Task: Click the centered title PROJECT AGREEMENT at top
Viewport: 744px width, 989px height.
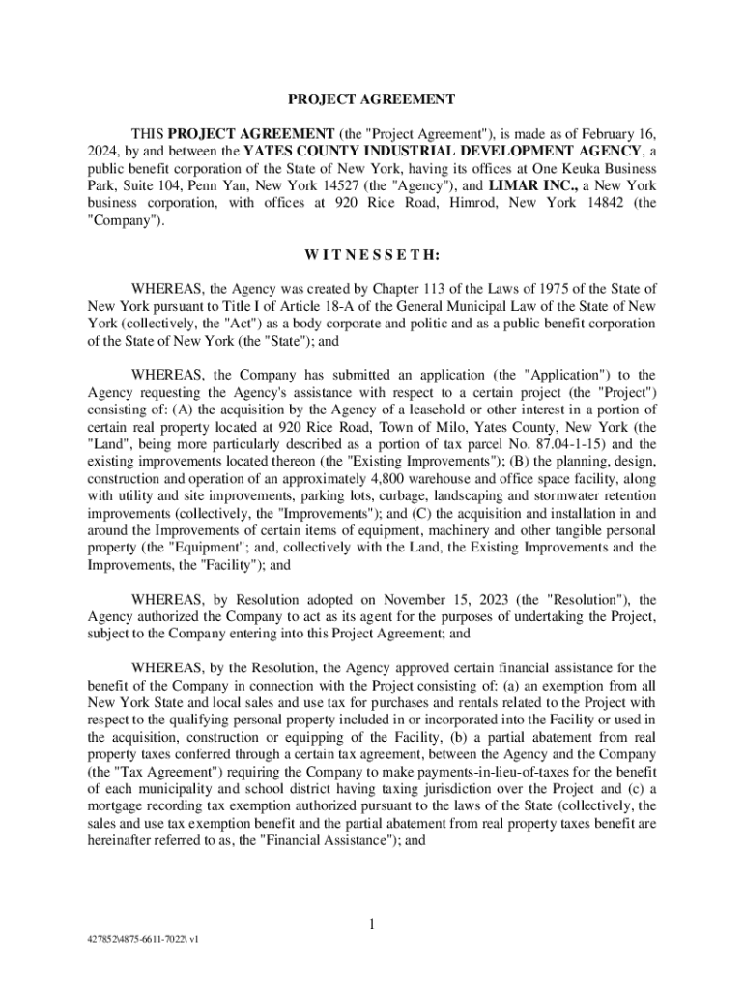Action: [371, 99]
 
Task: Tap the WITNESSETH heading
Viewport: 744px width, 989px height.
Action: [371, 256]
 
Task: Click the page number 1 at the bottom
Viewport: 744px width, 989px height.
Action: [371, 926]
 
